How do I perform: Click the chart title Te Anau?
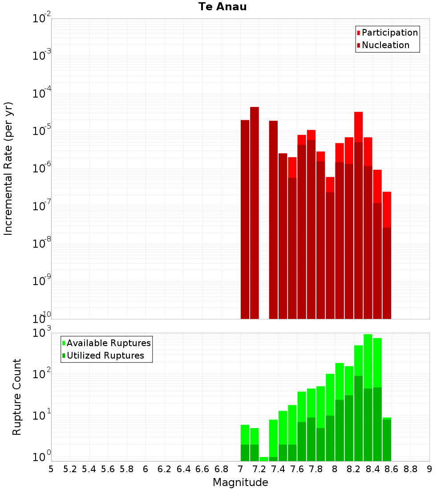[222, 7]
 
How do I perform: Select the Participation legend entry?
[387, 33]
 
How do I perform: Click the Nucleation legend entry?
[383, 45]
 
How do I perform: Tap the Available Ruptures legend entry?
[106, 343]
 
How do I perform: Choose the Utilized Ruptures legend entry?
[103, 355]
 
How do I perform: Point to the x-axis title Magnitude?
[240, 482]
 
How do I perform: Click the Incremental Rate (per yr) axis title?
[8, 168]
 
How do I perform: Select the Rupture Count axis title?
[16, 397]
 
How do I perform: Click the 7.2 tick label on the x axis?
[259, 469]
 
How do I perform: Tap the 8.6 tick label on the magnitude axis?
[391, 469]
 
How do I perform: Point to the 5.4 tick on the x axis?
[89, 469]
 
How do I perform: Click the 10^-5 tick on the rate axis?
[41, 129]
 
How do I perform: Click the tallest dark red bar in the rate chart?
[255, 213]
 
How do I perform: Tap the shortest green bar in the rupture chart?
[264, 459]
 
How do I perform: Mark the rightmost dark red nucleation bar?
[387, 273]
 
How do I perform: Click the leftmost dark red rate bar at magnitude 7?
[245, 219]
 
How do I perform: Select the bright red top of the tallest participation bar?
[359, 127]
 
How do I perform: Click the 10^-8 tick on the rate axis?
[41, 242]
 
